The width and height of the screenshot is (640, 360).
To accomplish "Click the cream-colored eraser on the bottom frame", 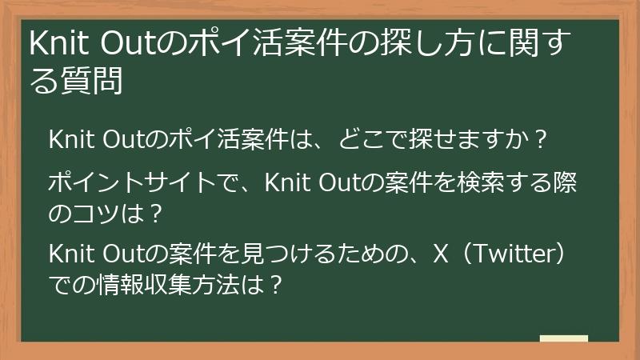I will coord(563,339).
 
